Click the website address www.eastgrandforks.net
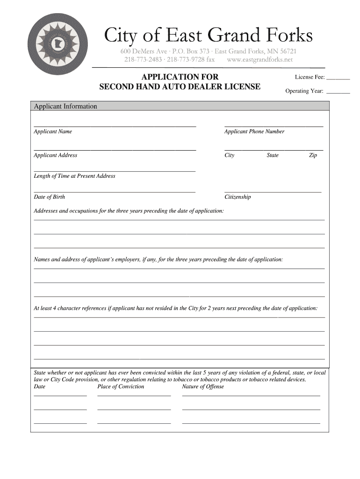click(x=260, y=60)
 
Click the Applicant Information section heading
click(x=65, y=107)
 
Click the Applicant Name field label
click(x=53, y=131)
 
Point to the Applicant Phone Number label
click(x=254, y=131)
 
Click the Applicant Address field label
click(x=56, y=155)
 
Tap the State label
click(x=273, y=155)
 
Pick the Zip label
click(x=313, y=155)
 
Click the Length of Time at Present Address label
click(x=74, y=176)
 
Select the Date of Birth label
click(x=50, y=197)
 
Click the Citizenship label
click(x=238, y=197)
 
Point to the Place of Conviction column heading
click(x=121, y=387)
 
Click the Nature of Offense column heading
click(x=203, y=387)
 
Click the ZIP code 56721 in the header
click(x=287, y=51)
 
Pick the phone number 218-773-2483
click(x=143, y=60)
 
